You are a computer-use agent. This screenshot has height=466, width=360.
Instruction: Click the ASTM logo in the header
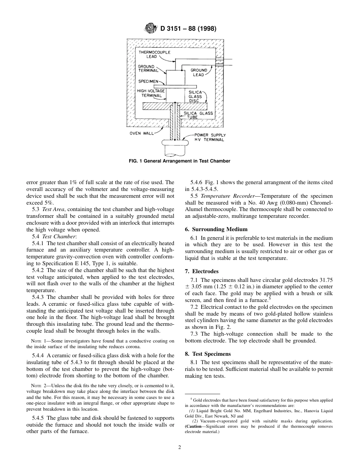(x=151, y=28)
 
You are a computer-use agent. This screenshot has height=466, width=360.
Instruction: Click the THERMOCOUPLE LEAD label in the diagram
(x=154, y=54)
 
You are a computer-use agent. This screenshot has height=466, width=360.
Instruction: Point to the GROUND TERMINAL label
(x=148, y=69)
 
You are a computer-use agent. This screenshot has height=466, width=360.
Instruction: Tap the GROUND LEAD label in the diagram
(x=199, y=72)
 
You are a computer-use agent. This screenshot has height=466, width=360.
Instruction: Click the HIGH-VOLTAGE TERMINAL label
(x=151, y=93)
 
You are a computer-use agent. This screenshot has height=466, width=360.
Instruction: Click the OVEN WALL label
(x=142, y=133)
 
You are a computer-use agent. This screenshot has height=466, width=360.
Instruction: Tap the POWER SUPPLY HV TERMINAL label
(x=210, y=137)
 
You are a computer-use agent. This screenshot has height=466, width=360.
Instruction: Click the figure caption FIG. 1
(x=180, y=161)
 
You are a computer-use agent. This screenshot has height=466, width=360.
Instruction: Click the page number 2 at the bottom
(x=180, y=447)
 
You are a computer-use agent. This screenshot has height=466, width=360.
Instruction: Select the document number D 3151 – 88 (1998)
(x=188, y=28)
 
